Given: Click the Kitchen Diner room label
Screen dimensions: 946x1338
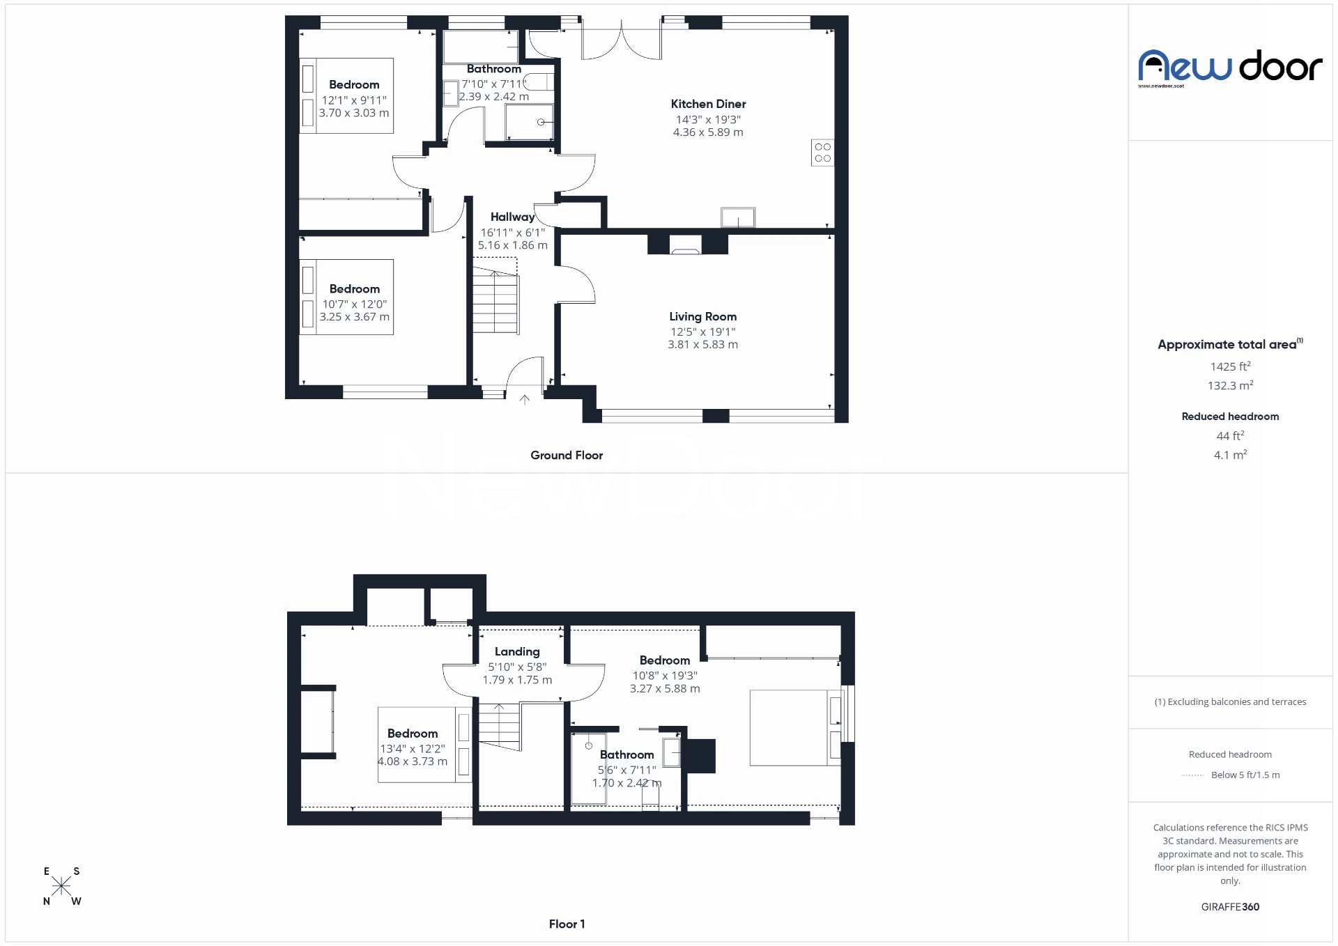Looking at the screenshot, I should click(708, 104).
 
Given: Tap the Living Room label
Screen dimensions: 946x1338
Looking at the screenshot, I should click(702, 316).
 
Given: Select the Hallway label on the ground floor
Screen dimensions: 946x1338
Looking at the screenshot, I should click(512, 217).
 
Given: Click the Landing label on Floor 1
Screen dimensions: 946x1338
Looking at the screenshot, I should click(517, 651).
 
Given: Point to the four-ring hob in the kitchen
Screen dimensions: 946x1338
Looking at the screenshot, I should click(822, 153).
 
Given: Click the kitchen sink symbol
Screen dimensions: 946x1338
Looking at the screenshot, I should click(737, 217).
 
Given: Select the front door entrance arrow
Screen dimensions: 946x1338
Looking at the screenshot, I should click(525, 400).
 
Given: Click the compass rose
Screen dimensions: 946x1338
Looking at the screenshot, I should click(61, 886).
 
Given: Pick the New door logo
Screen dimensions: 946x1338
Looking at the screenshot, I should click(1230, 68).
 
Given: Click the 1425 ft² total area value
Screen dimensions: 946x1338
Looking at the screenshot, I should click(1230, 366).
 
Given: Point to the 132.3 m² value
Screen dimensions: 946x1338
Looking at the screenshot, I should click(1230, 385).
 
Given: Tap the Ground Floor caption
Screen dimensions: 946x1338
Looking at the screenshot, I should click(567, 455).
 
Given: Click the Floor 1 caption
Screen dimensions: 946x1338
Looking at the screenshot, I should click(567, 924).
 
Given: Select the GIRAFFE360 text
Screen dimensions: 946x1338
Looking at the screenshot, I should click(1230, 906).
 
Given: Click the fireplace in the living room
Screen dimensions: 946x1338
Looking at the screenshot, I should click(685, 245).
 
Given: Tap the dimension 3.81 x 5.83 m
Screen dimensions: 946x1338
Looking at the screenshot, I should click(702, 344).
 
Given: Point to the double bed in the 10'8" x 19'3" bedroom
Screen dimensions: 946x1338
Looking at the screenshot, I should click(794, 728).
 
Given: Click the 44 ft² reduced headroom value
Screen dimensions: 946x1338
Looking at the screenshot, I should click(1230, 435).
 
